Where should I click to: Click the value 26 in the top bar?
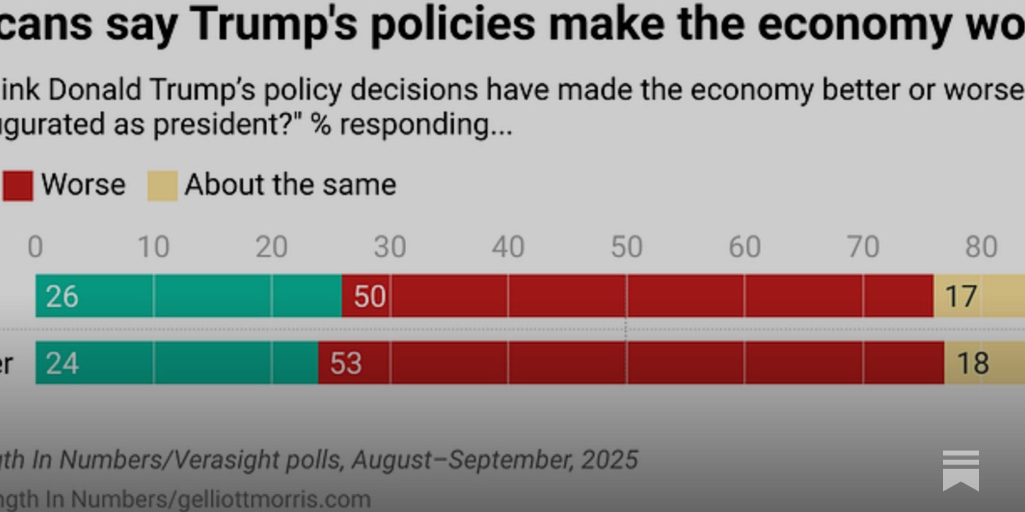(x=61, y=296)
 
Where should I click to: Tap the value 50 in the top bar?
(x=370, y=296)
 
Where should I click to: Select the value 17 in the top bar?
(x=961, y=296)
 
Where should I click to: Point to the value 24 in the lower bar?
(x=61, y=364)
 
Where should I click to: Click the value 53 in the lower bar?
(x=346, y=364)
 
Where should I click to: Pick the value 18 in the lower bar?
(x=972, y=364)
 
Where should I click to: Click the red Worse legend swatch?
(x=17, y=186)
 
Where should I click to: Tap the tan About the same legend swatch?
(x=162, y=186)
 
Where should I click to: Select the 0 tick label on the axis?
(x=35, y=247)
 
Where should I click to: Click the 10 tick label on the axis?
(x=154, y=247)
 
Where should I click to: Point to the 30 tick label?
(x=389, y=247)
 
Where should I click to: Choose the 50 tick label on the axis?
(x=626, y=247)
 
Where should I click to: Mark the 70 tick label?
(x=862, y=247)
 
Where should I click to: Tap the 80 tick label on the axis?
(x=981, y=247)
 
